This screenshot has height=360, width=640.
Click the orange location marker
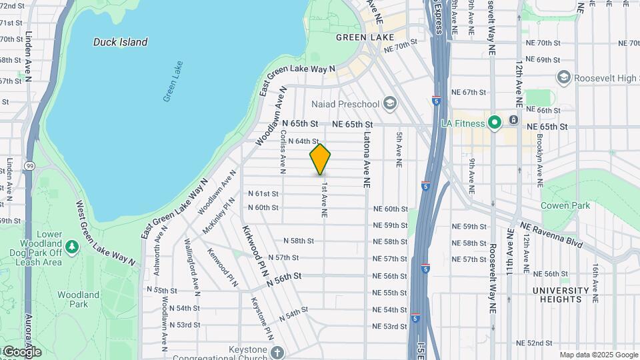[x=320, y=159]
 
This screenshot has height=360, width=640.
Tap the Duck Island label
[x=120, y=42]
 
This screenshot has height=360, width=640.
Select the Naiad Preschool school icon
[x=389, y=103]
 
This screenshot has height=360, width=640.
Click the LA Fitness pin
[x=495, y=123]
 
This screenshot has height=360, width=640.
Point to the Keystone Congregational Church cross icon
[x=277, y=352]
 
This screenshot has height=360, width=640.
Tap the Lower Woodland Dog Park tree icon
[x=72, y=247]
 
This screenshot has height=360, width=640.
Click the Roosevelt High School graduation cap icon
[x=564, y=78]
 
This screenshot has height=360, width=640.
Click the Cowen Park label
[x=565, y=205]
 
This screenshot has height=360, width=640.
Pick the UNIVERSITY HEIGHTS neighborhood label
[x=561, y=295]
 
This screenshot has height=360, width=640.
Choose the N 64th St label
[x=303, y=141]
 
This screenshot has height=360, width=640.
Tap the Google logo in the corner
[x=21, y=351]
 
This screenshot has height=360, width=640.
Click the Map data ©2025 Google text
[x=598, y=355]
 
